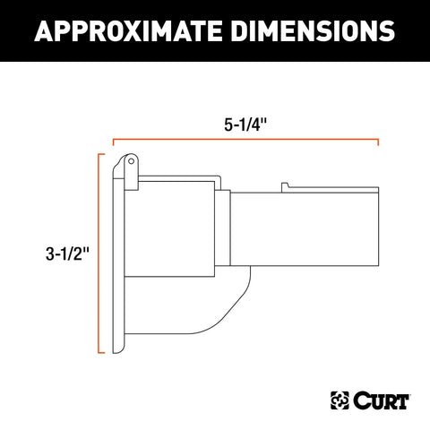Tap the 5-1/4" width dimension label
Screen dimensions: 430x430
pyautogui.click(x=245, y=126)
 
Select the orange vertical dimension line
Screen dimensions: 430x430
pyautogui.click(x=97, y=254)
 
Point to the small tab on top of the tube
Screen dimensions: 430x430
pyautogui.click(x=285, y=185)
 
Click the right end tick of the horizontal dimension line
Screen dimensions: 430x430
pyautogui.click(x=378, y=141)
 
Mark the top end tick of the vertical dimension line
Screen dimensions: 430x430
pyautogui.click(x=97, y=154)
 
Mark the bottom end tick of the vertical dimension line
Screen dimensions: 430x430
pyautogui.click(x=97, y=356)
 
